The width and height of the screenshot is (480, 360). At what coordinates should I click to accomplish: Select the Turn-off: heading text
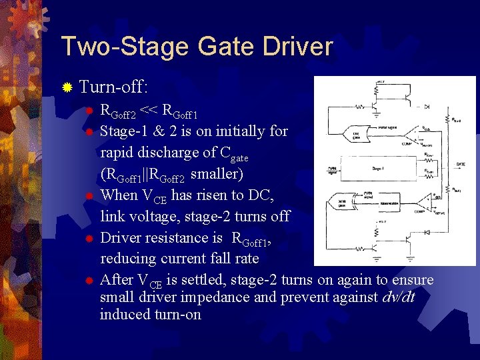[x=113, y=87]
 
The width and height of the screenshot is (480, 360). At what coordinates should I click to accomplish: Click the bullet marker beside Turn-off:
[x=67, y=87]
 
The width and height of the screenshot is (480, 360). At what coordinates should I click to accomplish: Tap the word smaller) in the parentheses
[x=217, y=175]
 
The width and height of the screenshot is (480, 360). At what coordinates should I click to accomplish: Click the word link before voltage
[x=113, y=216]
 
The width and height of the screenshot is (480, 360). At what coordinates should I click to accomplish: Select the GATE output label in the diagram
[x=461, y=163]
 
